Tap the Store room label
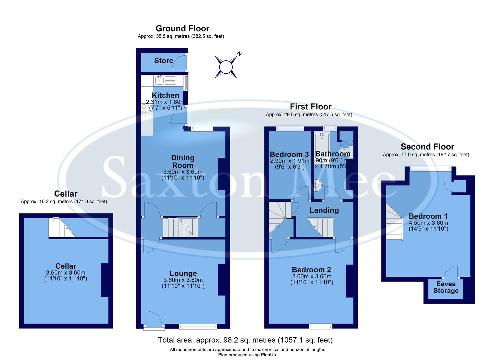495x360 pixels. (163, 60)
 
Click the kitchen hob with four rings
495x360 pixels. (147, 109)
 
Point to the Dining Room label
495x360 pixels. (183, 161)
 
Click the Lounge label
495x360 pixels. (183, 274)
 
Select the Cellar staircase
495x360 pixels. (61, 228)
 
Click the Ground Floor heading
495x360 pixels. (182, 29)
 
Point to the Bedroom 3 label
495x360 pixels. (289, 154)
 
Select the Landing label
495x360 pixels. (324, 210)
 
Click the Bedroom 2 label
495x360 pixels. (311, 270)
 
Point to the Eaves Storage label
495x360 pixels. (446, 287)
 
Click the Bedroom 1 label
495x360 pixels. (428, 216)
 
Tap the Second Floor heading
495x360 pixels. (427, 147)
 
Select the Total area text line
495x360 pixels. (245, 340)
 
